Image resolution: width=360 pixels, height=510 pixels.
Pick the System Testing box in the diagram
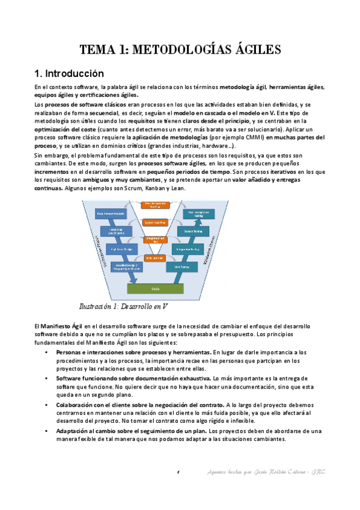click(194, 232)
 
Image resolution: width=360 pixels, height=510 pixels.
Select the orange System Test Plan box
click(155, 222)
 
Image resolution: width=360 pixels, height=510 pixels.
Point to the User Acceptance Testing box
click(199, 213)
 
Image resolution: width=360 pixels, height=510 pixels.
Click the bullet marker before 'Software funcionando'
click(47, 378)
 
